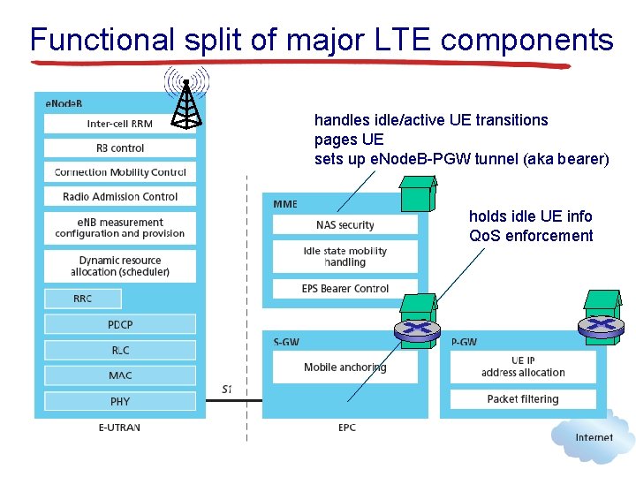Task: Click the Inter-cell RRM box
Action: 120,124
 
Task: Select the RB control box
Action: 120,148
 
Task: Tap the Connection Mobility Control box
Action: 120,172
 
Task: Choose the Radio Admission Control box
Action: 120,196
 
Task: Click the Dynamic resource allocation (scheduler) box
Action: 120,266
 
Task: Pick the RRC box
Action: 83,299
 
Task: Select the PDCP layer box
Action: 120,325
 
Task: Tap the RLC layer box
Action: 120,351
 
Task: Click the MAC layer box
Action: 120,375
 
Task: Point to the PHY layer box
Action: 120,401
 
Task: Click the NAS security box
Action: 344,225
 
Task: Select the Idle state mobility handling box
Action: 344,256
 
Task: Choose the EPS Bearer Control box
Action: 344,289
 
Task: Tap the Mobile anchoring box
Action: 344,367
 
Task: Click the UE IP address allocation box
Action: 523,367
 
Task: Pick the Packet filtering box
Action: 523,399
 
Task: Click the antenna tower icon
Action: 185,104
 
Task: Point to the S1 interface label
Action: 227,389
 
